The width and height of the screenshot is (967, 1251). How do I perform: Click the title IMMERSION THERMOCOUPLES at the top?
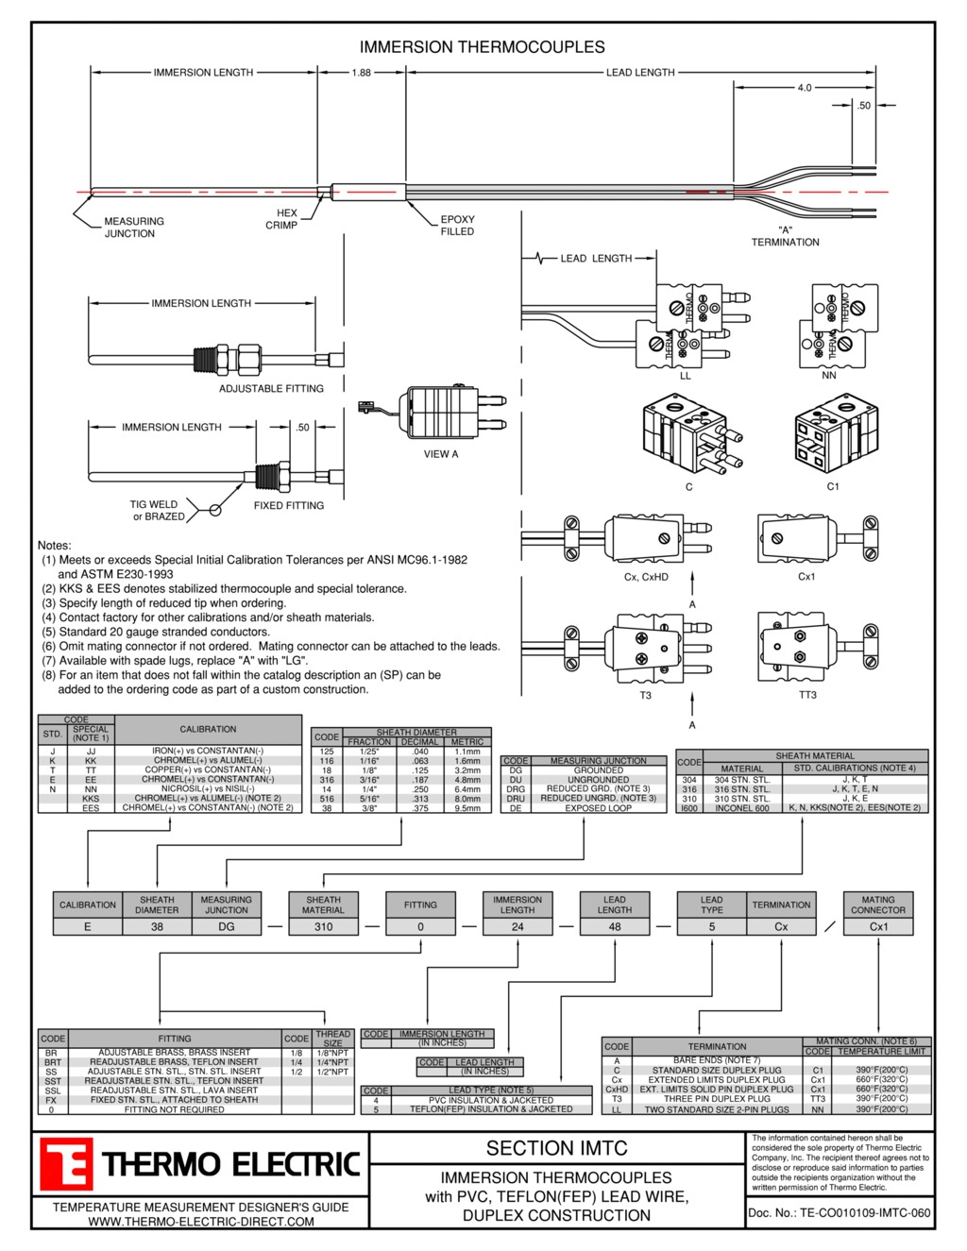pyautogui.click(x=482, y=47)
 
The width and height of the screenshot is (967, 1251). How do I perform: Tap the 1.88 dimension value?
pyautogui.click(x=362, y=73)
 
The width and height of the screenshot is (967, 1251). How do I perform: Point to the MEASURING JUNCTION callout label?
pyautogui.click(x=133, y=228)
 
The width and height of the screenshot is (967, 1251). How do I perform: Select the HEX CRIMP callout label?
pyautogui.click(x=283, y=219)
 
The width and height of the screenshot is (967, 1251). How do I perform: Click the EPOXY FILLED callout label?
pyautogui.click(x=457, y=226)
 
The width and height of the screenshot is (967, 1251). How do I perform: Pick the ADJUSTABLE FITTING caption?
pyautogui.click(x=271, y=389)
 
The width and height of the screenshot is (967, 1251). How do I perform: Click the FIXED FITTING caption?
pyautogui.click(x=288, y=506)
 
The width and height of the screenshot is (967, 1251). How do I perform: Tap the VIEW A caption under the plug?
pyautogui.click(x=441, y=454)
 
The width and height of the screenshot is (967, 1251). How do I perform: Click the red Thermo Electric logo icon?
pyautogui.click(x=66, y=1164)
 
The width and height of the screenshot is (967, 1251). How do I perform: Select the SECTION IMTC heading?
pyautogui.click(x=556, y=1149)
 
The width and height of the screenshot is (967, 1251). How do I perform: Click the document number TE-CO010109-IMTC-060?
pyautogui.click(x=840, y=1213)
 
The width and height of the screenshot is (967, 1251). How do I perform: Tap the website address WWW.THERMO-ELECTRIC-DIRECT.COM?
pyautogui.click(x=201, y=1222)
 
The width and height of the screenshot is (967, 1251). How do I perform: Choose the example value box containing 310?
pyautogui.click(x=323, y=927)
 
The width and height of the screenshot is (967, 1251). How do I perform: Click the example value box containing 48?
pyautogui.click(x=614, y=927)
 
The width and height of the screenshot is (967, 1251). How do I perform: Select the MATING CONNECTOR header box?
pyautogui.click(x=877, y=905)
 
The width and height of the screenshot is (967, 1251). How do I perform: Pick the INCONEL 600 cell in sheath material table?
pyautogui.click(x=742, y=808)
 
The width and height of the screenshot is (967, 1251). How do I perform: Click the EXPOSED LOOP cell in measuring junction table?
pyautogui.click(x=599, y=808)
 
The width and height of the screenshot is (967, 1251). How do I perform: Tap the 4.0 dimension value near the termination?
pyautogui.click(x=804, y=88)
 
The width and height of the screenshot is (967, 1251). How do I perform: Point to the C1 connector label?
pyautogui.click(x=832, y=487)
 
